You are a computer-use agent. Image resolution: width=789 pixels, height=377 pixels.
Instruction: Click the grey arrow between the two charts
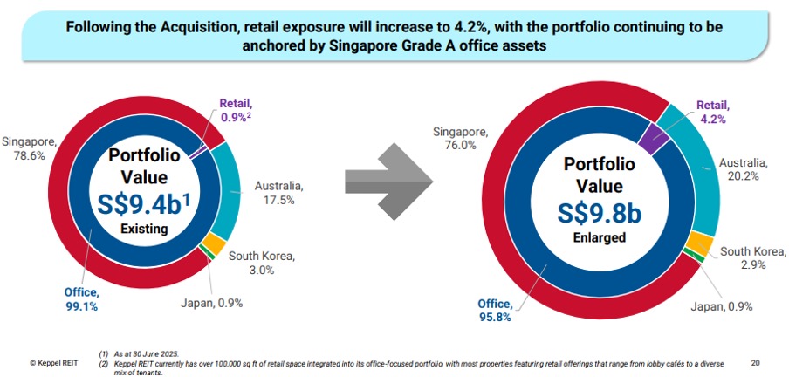pos(388,182)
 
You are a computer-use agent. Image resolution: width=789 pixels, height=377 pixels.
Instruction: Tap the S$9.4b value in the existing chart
pos(144,203)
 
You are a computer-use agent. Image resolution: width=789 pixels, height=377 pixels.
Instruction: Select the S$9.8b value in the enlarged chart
pos(593,212)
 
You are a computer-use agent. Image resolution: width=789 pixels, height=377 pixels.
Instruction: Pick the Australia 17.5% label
pos(278,193)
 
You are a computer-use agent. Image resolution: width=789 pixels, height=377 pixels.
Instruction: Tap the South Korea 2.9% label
pos(750,257)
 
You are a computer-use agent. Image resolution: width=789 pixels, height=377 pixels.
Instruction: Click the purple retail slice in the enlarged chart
pos(650,134)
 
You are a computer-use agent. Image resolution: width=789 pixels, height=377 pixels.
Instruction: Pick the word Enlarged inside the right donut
pos(593,237)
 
